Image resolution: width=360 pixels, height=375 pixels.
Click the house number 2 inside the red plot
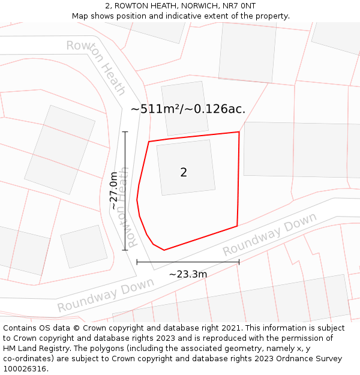click(184, 173)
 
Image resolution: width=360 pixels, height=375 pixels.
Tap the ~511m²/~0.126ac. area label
click(188, 109)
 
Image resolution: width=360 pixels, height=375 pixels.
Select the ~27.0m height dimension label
click(114, 190)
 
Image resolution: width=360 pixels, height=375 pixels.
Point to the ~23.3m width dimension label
click(188, 274)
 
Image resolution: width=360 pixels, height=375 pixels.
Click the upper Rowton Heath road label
click(97, 67)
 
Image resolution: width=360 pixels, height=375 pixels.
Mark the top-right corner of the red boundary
click(239, 132)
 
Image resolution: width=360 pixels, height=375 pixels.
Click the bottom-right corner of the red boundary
click(237, 226)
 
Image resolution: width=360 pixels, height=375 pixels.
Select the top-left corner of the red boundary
click(149, 142)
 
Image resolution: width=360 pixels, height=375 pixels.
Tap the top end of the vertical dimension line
click(125, 131)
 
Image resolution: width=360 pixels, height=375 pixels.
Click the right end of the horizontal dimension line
click(239, 262)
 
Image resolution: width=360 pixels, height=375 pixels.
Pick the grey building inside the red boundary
click(185, 167)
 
